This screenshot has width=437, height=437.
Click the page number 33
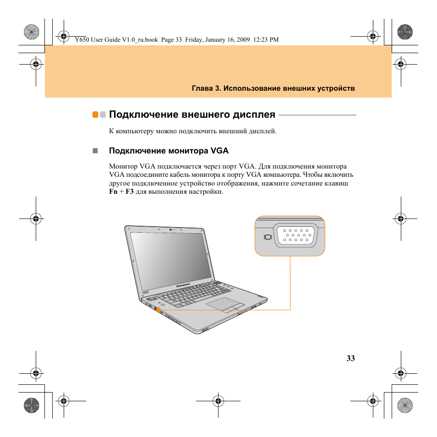pos(350,359)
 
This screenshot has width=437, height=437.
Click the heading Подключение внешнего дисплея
pos(192,115)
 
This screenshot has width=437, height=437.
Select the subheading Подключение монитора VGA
pos(168,151)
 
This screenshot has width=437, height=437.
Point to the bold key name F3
pos(130,192)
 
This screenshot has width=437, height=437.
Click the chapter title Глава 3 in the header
pos(205,88)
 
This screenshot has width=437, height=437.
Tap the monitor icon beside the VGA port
pos(268,237)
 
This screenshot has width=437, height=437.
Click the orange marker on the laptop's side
pos(158,310)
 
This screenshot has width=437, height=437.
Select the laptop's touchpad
pos(223,303)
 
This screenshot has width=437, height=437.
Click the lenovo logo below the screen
pos(185,284)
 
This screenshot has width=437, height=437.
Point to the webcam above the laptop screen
pos(170,229)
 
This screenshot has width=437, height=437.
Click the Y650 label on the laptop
pos(145,292)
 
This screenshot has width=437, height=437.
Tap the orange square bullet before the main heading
pos(95,115)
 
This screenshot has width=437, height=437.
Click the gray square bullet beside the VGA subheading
pos(95,151)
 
